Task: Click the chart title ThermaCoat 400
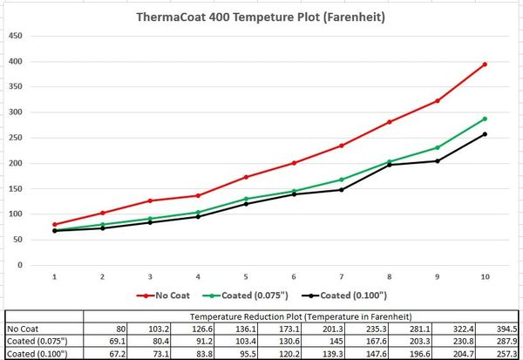[261, 17]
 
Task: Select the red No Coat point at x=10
[485, 65]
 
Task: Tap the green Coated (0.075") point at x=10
[485, 119]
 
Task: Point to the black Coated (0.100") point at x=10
[485, 134]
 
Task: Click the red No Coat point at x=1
[55, 225]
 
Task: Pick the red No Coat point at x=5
[246, 177]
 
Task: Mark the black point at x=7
[342, 190]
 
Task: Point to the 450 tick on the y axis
[15, 37]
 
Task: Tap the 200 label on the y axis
[15, 164]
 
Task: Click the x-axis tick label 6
[294, 276]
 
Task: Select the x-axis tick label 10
[485, 276]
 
